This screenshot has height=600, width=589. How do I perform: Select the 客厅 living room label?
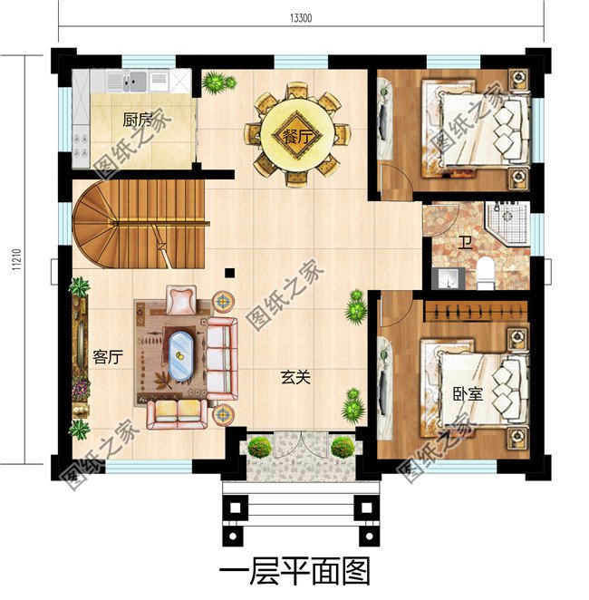(x=107, y=357)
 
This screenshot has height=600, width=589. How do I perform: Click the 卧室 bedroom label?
(x=468, y=394)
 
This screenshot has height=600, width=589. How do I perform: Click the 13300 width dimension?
(x=304, y=17)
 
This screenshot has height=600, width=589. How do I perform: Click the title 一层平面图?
(x=294, y=572)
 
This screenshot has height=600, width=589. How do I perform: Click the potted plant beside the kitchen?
(x=217, y=83)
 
